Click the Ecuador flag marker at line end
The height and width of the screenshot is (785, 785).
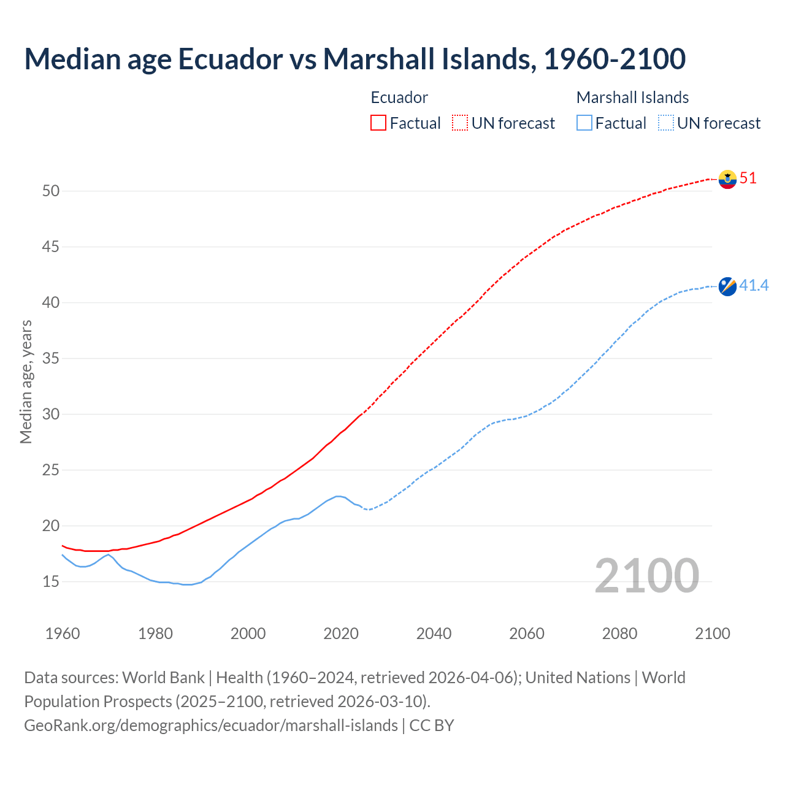pos(727,179)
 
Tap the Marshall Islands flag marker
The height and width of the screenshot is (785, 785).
pos(727,286)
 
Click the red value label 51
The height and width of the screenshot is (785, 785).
pos(748,178)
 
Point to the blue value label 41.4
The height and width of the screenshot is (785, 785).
pos(754,285)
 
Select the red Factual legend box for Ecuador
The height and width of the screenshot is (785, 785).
pos(378,123)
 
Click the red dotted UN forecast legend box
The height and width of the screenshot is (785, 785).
pos(460,123)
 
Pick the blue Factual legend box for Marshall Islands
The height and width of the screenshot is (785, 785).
pos(584,123)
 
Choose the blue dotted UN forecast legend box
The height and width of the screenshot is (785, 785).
pos(665,123)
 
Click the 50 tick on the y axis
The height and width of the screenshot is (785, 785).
pos(51,191)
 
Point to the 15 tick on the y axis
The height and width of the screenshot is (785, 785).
pos(51,581)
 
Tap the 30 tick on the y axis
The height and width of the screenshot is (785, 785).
pos(51,414)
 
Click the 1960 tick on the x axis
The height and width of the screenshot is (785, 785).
pos(63,634)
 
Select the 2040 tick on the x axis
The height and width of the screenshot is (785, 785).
pos(434,634)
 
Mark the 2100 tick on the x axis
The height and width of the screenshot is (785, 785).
pos(713,634)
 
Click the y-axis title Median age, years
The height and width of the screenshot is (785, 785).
pos(26,381)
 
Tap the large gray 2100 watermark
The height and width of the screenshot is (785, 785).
pos(647,575)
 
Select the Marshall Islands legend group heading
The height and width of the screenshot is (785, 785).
pos(632,98)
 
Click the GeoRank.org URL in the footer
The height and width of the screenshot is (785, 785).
pos(211,725)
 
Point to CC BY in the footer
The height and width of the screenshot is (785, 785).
pos(432,725)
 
